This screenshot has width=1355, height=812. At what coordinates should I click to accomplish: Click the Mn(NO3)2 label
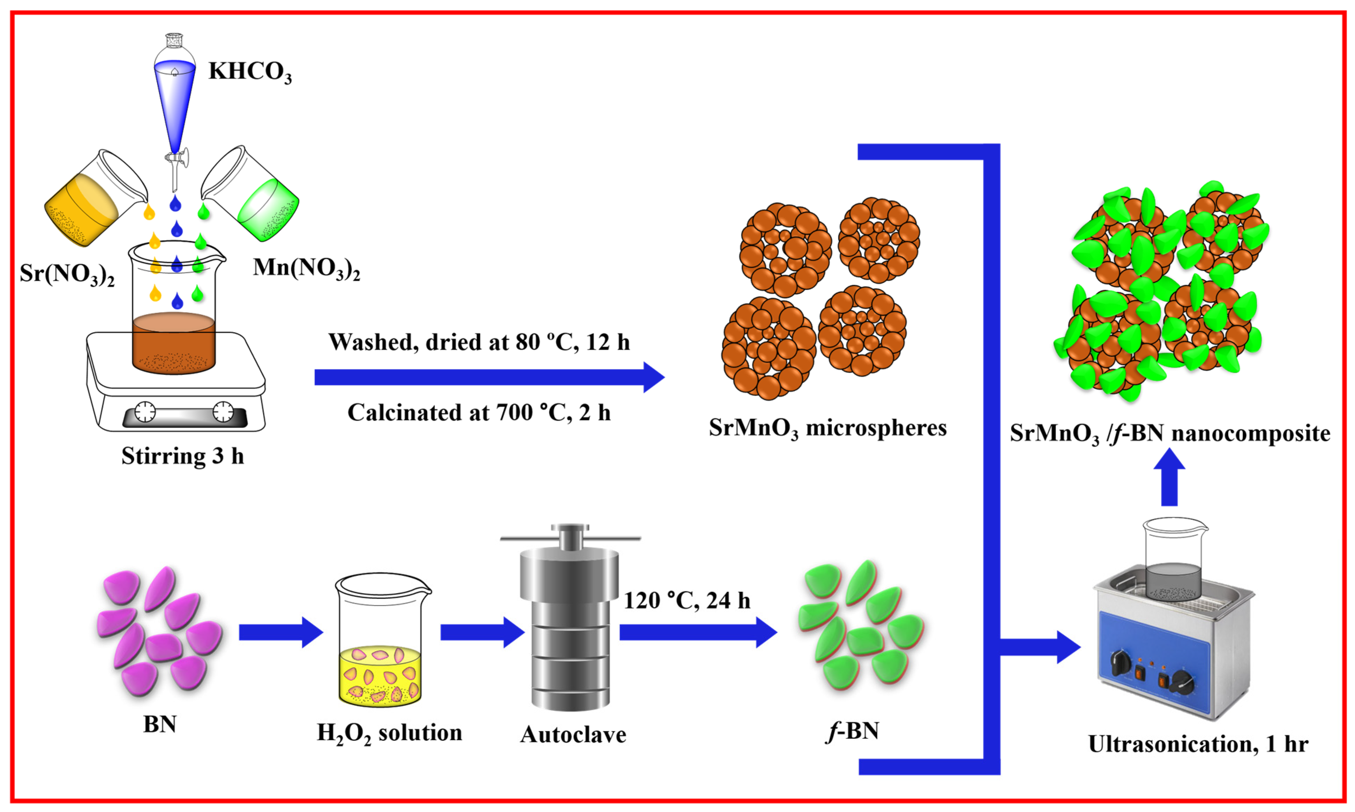[x=306, y=268]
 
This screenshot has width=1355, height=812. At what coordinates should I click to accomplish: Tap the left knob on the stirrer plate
[x=145, y=412]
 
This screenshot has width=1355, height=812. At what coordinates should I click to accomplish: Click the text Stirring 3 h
[x=182, y=456]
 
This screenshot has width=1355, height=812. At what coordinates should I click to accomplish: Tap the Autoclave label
[x=573, y=734]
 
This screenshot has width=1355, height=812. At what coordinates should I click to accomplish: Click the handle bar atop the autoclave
[x=570, y=539]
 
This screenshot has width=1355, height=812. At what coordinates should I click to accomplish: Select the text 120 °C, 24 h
[x=687, y=601]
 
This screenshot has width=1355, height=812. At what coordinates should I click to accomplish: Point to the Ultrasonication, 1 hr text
[x=1198, y=744]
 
